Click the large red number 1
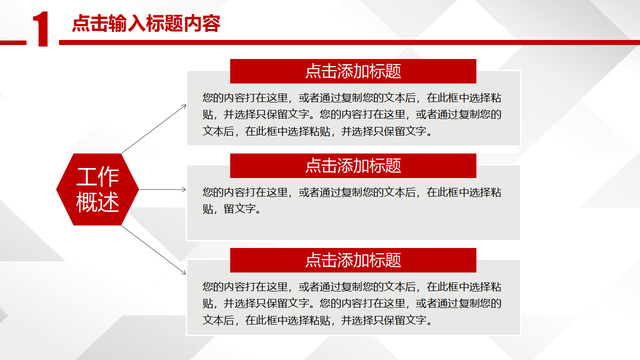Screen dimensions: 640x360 click(x=41, y=28)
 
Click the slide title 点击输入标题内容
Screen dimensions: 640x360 click(x=146, y=23)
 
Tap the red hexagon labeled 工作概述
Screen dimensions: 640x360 click(x=98, y=189)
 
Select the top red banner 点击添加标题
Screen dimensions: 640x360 click(x=353, y=71)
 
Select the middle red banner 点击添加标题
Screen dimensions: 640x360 click(x=353, y=165)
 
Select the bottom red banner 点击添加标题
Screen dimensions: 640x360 click(x=353, y=260)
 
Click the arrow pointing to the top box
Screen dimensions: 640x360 click(x=154, y=129)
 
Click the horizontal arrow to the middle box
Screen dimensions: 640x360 click(x=162, y=189)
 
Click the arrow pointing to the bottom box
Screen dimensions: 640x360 click(x=154, y=250)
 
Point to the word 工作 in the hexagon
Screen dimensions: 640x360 click(x=98, y=176)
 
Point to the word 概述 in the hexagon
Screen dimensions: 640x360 click(x=98, y=202)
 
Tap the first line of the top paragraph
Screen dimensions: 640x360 click(x=352, y=98)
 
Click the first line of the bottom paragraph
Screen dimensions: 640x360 click(x=352, y=287)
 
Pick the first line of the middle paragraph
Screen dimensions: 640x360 click(x=352, y=192)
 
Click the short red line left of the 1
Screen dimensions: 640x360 click(x=13, y=43)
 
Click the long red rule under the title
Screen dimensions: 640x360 click(x=349, y=42)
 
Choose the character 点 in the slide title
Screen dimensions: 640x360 click(x=81, y=23)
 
